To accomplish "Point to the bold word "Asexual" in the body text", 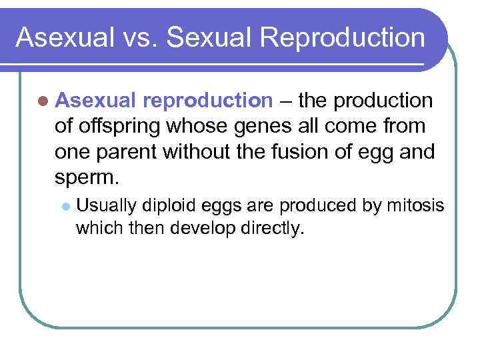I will coord(97,101).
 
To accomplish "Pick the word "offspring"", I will coord(118,127).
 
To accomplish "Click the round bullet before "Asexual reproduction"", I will coord(43,101).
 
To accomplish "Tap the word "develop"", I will coord(203,229).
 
